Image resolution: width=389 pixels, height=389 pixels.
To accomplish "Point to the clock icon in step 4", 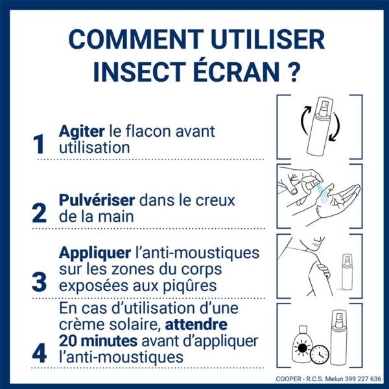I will pyautogui.click(x=318, y=355).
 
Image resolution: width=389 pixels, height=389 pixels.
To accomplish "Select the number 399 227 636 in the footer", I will pyautogui.click(x=357, y=379).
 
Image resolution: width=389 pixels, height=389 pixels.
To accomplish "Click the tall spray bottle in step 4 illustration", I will pyautogui.click(x=340, y=339).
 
